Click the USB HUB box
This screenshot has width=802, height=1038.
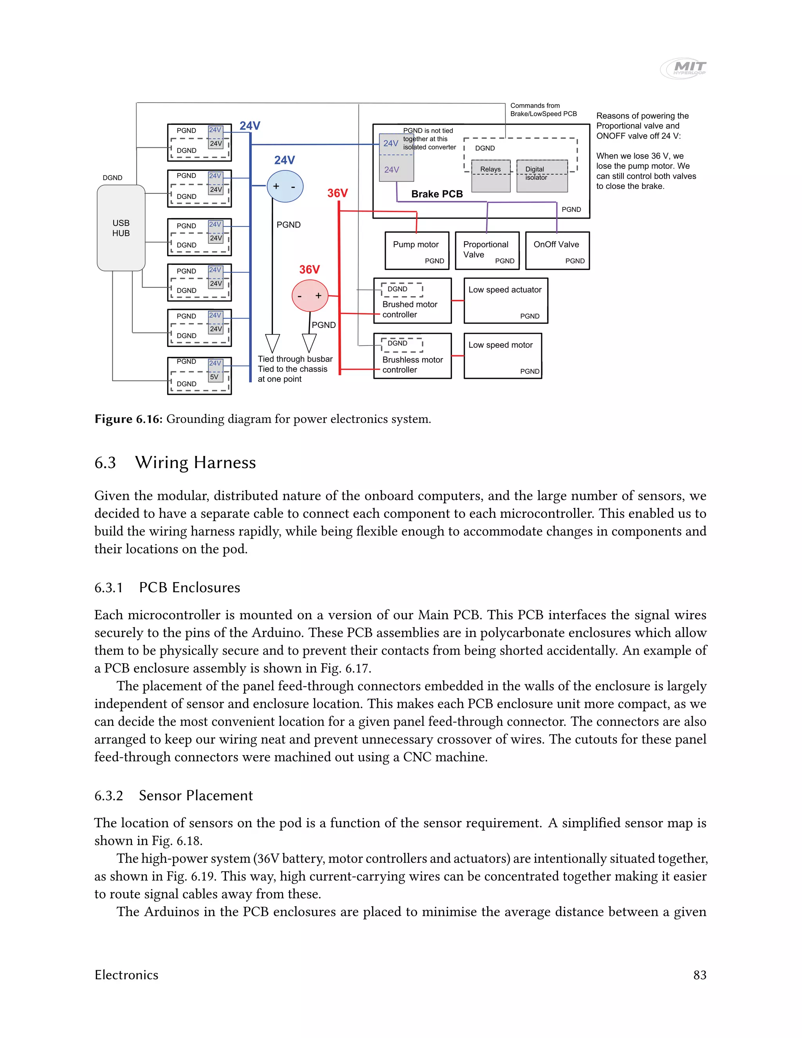121,228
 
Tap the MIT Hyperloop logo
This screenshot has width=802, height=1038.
684,68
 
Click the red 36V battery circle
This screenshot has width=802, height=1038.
309,295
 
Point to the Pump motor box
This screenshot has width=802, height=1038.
417,250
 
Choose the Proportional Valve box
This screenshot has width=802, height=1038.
487,250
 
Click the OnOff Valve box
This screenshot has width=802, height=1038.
557,250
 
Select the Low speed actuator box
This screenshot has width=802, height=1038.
506,301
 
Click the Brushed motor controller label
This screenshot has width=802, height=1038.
410,309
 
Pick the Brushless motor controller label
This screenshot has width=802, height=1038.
412,365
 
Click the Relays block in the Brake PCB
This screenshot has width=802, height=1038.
491,176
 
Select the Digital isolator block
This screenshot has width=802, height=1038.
542,176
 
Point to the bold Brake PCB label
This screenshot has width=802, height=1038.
437,194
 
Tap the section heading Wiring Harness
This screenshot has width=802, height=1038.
195,463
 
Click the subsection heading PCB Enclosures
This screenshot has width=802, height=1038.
189,588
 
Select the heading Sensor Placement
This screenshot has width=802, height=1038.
195,796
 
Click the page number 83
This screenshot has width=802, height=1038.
699,975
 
